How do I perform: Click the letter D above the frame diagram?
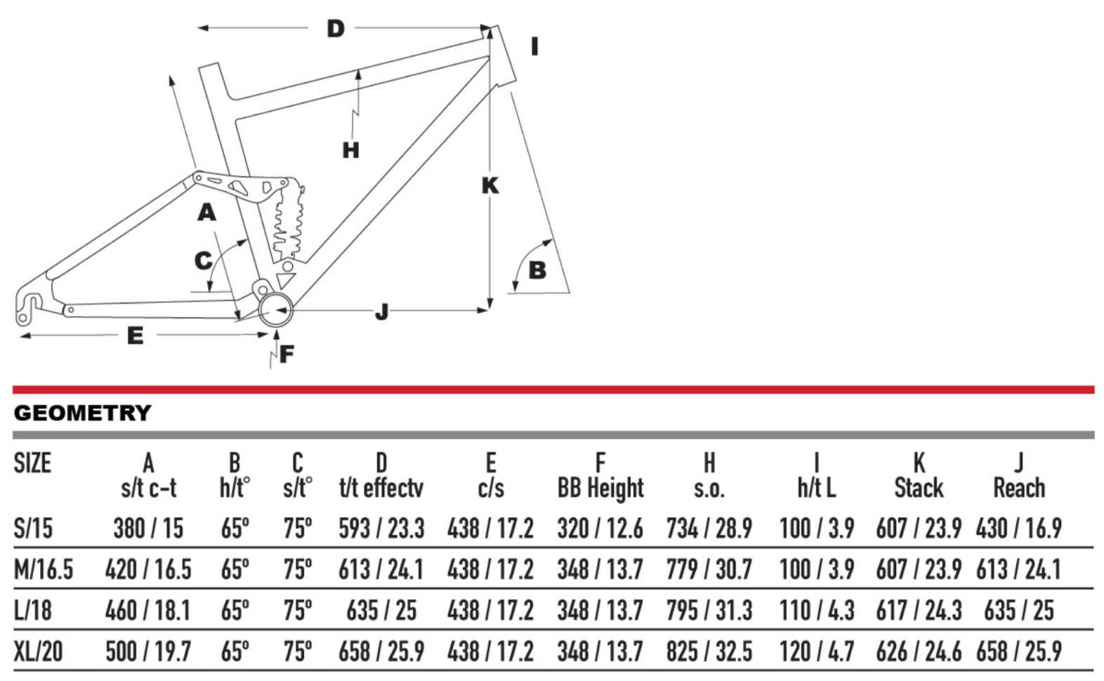[336, 29]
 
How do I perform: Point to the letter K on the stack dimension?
[490, 185]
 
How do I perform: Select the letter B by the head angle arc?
[537, 270]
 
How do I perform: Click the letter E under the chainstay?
[135, 336]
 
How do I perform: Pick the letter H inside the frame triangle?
[351, 150]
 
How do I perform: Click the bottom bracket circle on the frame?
[275, 310]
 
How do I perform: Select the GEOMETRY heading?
[82, 413]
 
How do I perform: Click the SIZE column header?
[32, 463]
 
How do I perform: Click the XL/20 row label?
[39, 652]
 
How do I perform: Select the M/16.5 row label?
[44, 569]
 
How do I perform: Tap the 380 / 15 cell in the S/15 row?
[148, 528]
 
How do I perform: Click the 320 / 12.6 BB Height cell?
[600, 528]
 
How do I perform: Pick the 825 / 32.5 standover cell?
[709, 652]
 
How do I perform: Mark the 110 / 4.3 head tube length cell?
[817, 611]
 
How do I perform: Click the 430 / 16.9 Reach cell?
[1019, 528]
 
